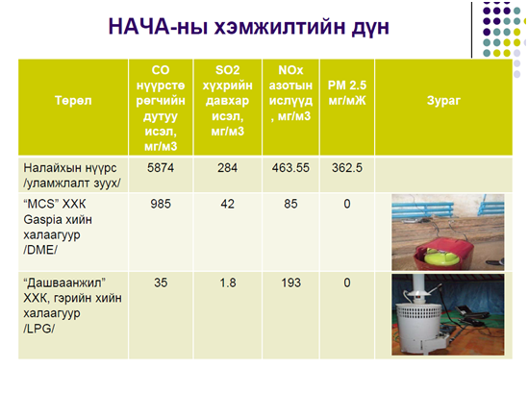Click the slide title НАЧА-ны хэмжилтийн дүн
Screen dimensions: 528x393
pyautogui.click(x=248, y=27)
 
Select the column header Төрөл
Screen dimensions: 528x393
pyautogui.click(x=73, y=101)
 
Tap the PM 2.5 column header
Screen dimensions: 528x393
pyautogui.click(x=347, y=93)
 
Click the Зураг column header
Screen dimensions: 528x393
pyautogui.click(x=443, y=101)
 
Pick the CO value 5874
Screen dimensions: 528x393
pyautogui.click(x=161, y=168)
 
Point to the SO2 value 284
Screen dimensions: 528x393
pyautogui.click(x=227, y=168)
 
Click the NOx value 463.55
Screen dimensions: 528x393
pyautogui.click(x=290, y=168)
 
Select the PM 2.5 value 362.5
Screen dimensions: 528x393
pyautogui.click(x=347, y=168)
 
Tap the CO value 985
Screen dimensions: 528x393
pyautogui.click(x=161, y=204)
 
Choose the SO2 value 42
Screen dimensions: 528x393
pyautogui.click(x=227, y=204)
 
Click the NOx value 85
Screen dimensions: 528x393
pyautogui.click(x=290, y=204)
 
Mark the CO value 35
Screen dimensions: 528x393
pyautogui.click(x=161, y=282)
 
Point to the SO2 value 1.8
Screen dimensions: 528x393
pyautogui.click(x=228, y=282)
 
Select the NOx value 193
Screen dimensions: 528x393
pyautogui.click(x=291, y=282)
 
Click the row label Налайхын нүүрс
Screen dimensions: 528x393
pyautogui.click(x=70, y=168)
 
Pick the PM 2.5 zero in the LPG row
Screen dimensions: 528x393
pyautogui.click(x=347, y=282)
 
